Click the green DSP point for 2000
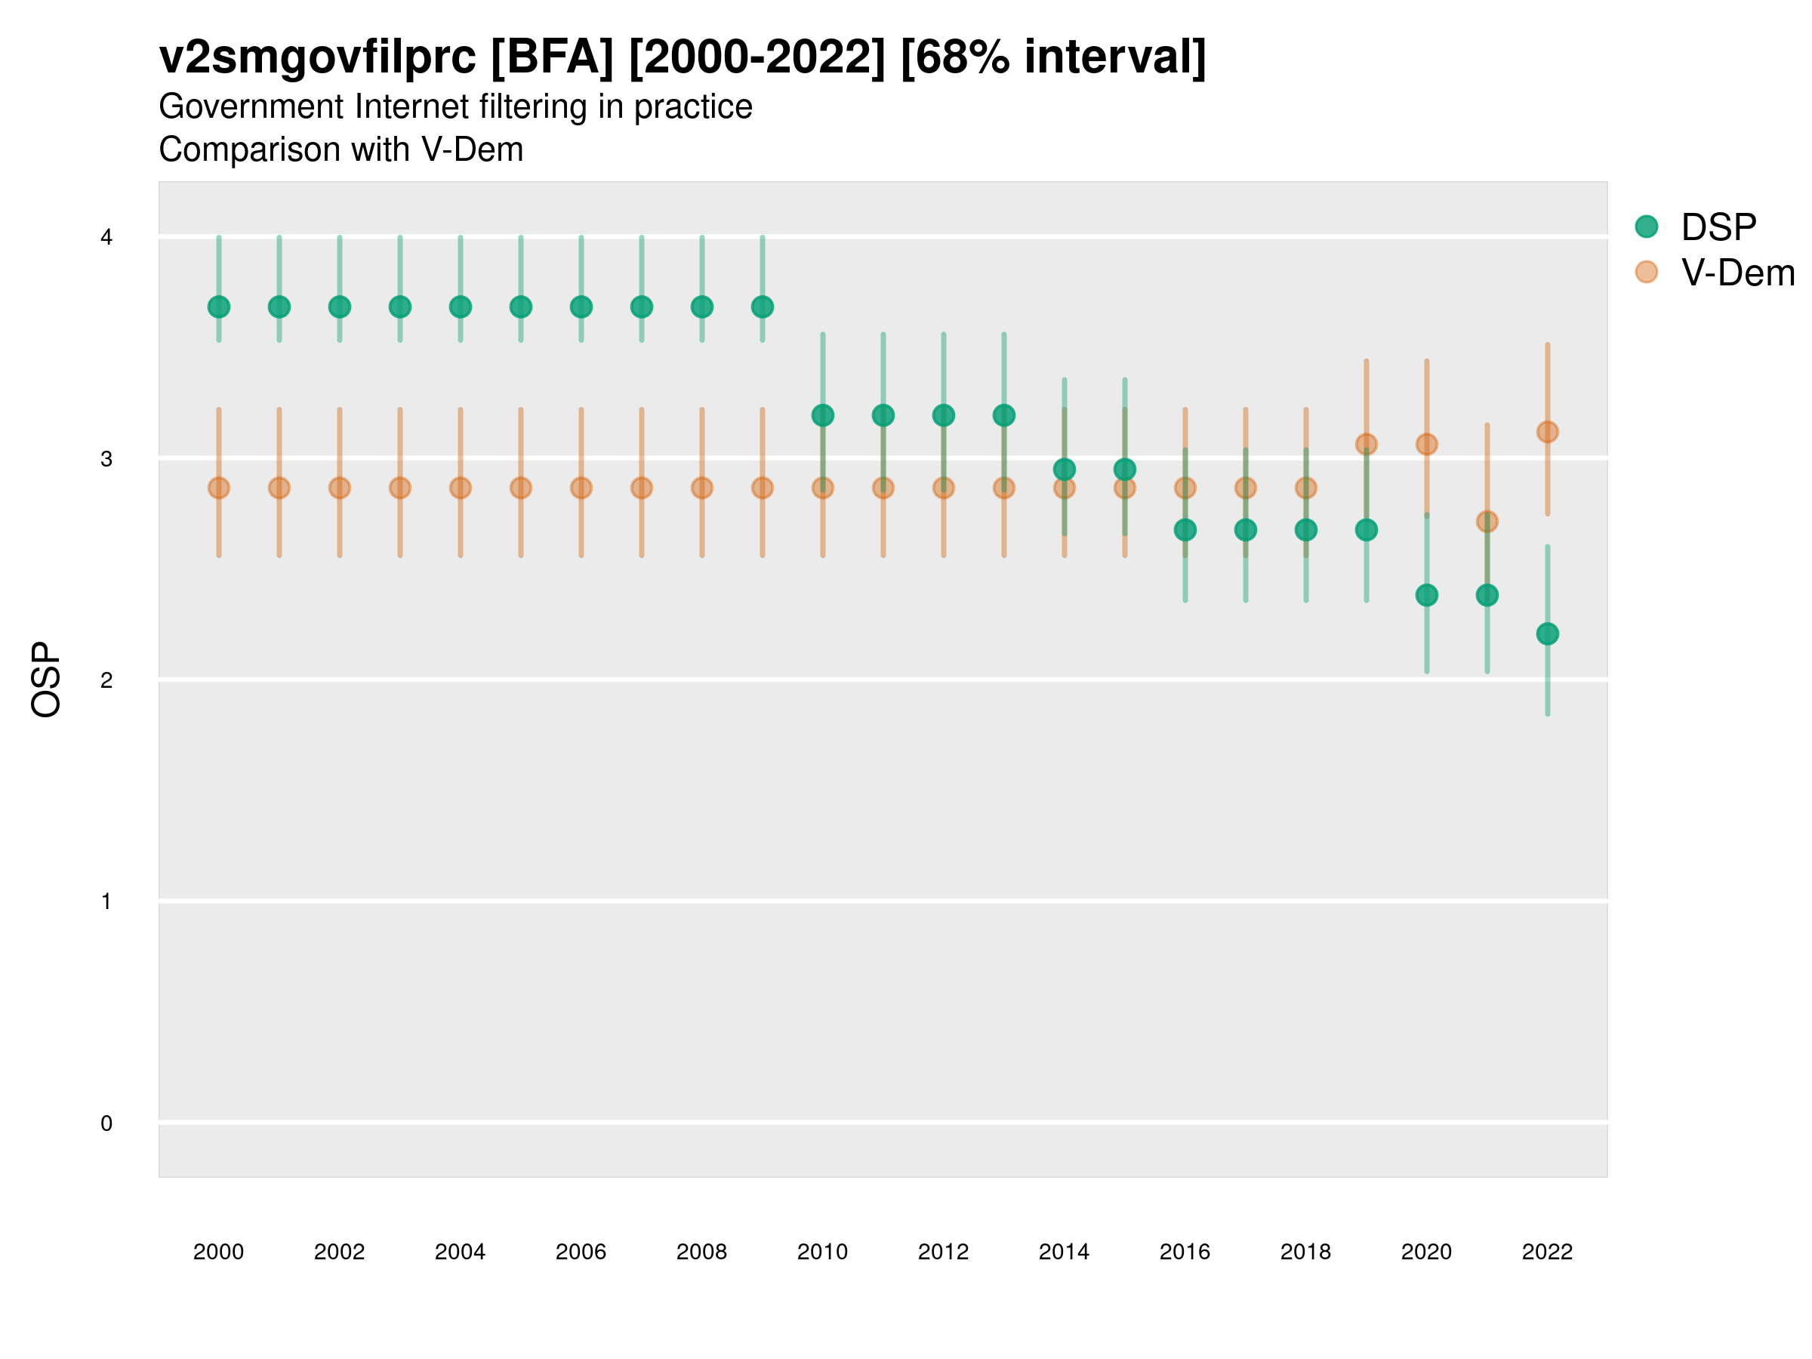pos(219,307)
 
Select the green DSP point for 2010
pos(822,415)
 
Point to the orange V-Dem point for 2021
pos(1487,521)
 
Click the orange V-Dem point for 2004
pos(461,488)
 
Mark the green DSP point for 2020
pos(1426,595)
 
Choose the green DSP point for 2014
pos(1064,470)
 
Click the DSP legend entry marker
pos(1646,227)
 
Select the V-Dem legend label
pos(1737,273)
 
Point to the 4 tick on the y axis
pos(106,238)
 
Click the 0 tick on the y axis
pos(106,1123)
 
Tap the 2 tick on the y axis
pos(106,680)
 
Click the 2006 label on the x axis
pos(581,1252)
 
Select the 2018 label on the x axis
pos(1305,1252)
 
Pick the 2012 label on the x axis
pos(943,1252)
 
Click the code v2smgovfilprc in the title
pos(317,57)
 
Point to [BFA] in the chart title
pos(552,57)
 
